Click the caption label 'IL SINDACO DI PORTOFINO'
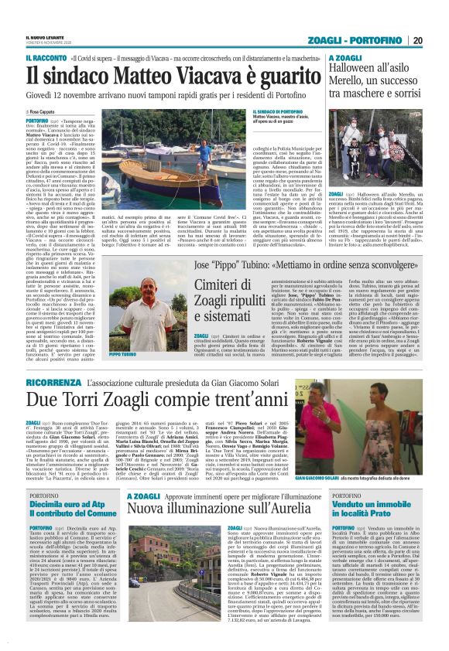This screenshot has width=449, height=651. [x=275, y=113]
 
